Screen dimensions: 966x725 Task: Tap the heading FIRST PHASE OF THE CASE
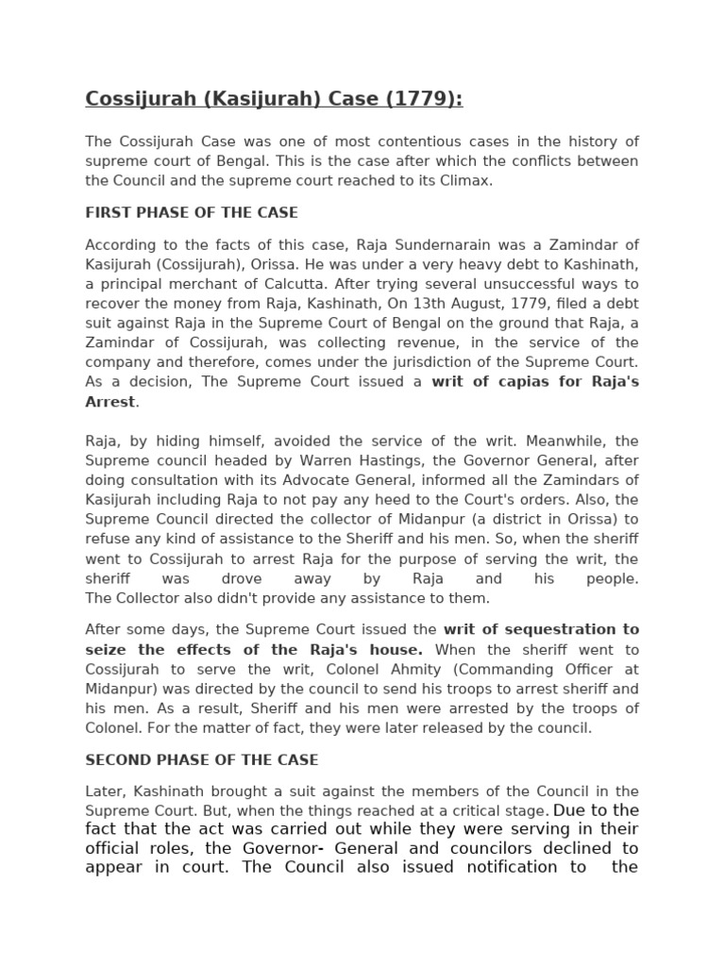[x=192, y=212]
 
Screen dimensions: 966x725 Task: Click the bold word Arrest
[x=110, y=402]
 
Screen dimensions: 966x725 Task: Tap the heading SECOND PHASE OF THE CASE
[x=202, y=759]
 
